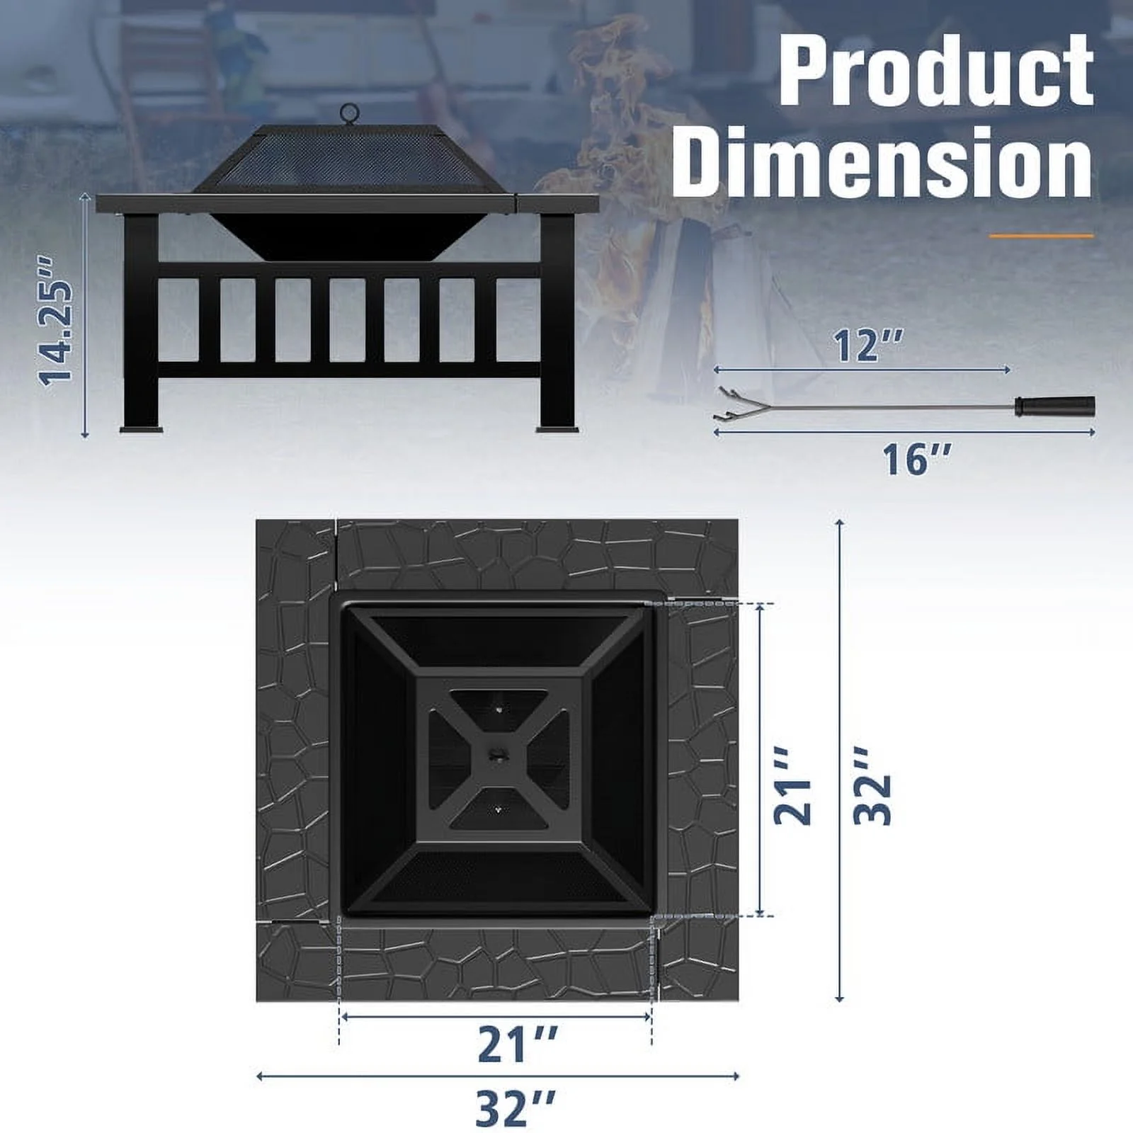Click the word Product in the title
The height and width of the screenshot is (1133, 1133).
click(938, 70)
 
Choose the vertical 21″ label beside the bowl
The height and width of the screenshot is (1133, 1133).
click(792, 789)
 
